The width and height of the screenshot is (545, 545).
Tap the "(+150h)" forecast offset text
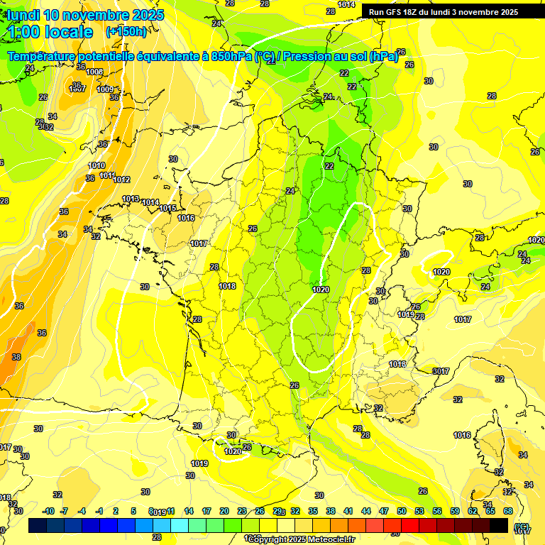[x=126, y=31]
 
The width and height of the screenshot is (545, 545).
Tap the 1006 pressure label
[x=94, y=72]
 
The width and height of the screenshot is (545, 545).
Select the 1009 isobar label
[x=105, y=90]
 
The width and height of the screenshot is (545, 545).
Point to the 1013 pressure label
[x=131, y=199]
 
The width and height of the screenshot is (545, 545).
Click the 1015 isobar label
[x=167, y=208]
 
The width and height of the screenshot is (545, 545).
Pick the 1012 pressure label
[x=121, y=180]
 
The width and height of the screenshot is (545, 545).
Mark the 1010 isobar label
[x=97, y=165]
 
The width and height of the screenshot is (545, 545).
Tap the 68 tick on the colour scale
[x=508, y=511]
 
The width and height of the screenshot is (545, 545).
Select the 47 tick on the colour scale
[x=384, y=511]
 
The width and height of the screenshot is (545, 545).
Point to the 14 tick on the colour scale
[x=189, y=511]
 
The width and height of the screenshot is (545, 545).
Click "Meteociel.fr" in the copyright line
[x=332, y=539]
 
